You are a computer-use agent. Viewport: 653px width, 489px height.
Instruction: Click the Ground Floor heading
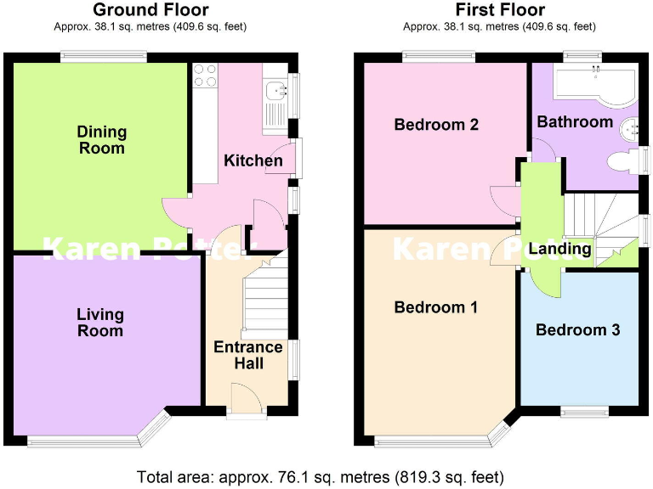pyautogui.click(x=151, y=10)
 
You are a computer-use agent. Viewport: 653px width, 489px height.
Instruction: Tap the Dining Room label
pyautogui.click(x=101, y=140)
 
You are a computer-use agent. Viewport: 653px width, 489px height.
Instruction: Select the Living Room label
pyautogui.click(x=99, y=323)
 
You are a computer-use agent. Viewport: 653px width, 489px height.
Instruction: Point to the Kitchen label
pyautogui.click(x=253, y=160)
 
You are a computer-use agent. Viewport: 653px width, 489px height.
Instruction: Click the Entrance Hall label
pyautogui.click(x=247, y=355)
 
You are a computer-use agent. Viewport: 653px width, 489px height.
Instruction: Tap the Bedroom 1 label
pyautogui.click(x=436, y=307)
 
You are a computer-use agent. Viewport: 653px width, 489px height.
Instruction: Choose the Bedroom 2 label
pyautogui.click(x=436, y=125)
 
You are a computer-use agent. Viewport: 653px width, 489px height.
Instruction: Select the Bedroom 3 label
pyautogui.click(x=577, y=329)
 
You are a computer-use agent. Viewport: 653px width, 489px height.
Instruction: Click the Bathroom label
pyautogui.click(x=574, y=121)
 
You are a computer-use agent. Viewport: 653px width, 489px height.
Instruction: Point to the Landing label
pyautogui.click(x=559, y=249)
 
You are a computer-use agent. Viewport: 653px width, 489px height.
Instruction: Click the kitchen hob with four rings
pyautogui.click(x=205, y=76)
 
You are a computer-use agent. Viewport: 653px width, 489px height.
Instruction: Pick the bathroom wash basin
pyautogui.click(x=629, y=128)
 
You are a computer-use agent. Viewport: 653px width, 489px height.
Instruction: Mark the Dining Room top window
pyautogui.click(x=103, y=57)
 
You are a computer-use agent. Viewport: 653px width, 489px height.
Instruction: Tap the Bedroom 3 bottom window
pyautogui.click(x=584, y=410)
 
